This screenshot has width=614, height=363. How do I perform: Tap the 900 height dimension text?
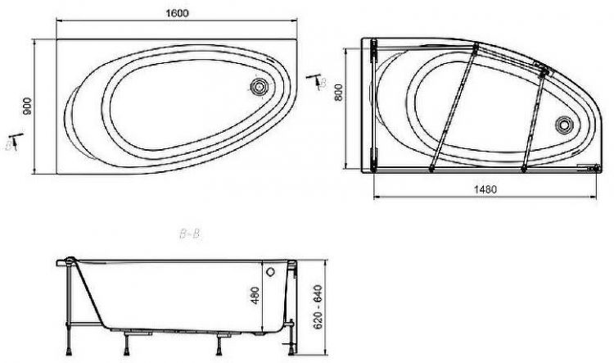click(26, 105)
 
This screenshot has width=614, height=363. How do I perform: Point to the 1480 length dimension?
click(485, 188)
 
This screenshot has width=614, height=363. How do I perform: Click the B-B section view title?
click(189, 235)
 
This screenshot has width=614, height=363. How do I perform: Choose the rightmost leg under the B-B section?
click(292, 332)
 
